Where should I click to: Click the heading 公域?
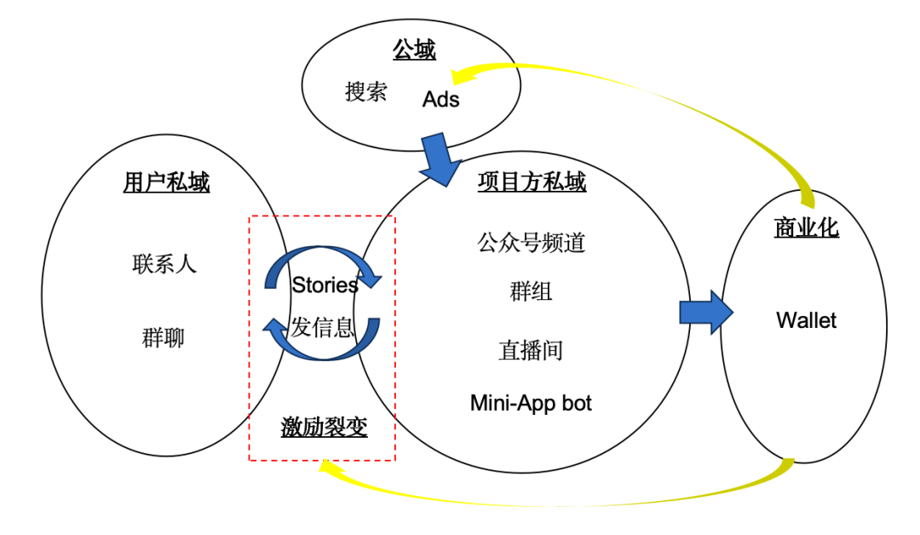click(414, 50)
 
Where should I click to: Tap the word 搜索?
click(366, 92)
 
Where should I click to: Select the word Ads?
click(440, 100)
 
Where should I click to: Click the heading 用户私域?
click(166, 182)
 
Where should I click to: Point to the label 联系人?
click(164, 263)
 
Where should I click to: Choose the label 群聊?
click(164, 338)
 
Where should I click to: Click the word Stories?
click(325, 285)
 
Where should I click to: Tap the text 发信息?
click(322, 327)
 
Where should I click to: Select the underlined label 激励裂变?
click(325, 427)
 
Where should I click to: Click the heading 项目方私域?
click(532, 182)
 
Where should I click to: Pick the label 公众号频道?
click(532, 243)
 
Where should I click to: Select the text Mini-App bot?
click(531, 402)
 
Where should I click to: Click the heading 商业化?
click(806, 227)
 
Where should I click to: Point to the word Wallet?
click(806, 320)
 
